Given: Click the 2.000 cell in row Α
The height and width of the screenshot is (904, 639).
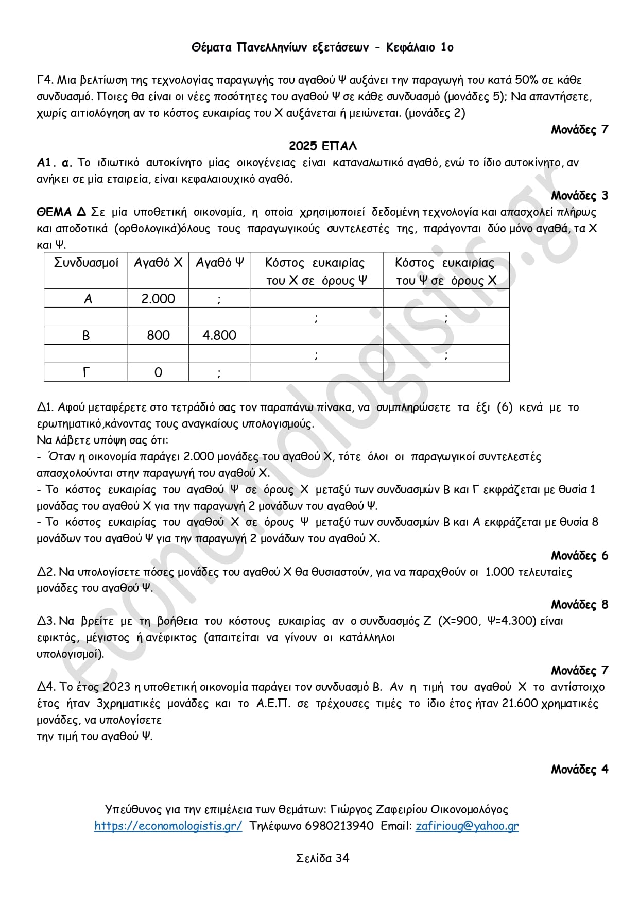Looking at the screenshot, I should (158, 299).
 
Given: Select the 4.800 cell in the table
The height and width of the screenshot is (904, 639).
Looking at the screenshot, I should (219, 335).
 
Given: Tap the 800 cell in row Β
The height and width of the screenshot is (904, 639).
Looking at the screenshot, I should (158, 335).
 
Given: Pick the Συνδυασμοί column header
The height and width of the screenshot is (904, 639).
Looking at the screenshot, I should (86, 263).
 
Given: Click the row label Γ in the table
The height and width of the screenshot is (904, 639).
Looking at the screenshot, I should (86, 372).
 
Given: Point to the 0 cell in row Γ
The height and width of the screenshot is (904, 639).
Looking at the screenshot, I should (158, 372).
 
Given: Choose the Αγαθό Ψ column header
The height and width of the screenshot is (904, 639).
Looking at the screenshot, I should (219, 263).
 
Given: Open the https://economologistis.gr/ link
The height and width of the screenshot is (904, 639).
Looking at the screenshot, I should (168, 826).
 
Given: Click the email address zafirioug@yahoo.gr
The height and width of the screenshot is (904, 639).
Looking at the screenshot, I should (467, 826).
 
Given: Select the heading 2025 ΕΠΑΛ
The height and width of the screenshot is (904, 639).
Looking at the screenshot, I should (322, 146).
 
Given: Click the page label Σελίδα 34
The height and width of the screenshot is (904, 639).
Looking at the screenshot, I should (322, 858).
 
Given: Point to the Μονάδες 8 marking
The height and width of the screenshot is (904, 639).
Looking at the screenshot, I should (579, 604).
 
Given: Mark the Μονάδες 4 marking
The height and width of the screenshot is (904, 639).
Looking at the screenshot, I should (579, 769).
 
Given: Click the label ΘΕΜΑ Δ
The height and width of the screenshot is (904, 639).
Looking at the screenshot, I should (61, 212).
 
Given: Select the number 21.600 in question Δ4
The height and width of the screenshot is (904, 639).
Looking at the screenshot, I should (520, 703).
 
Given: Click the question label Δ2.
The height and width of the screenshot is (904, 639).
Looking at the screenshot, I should (46, 572).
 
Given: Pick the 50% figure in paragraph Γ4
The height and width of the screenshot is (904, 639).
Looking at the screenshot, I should (527, 80).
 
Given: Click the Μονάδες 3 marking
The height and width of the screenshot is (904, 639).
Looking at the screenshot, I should (579, 195).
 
